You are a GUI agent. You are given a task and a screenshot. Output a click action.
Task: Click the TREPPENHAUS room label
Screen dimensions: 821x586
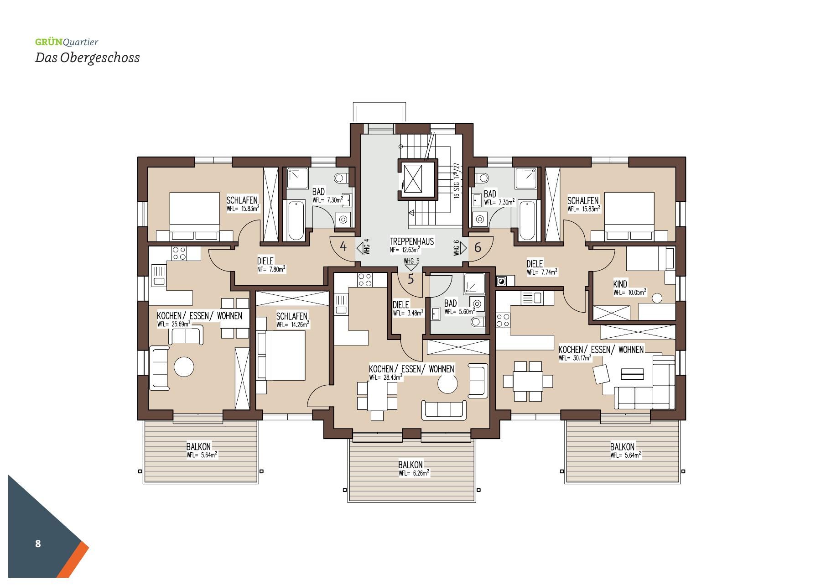[x=412, y=241]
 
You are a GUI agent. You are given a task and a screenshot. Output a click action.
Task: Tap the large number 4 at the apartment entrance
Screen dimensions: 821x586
[x=343, y=247]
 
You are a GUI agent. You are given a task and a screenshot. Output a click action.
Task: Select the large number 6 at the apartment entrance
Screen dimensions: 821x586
[x=478, y=247]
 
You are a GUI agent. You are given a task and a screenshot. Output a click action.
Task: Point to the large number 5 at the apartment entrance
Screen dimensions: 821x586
[x=410, y=279]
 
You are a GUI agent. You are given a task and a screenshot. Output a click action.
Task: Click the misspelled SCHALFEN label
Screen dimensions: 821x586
[x=583, y=201]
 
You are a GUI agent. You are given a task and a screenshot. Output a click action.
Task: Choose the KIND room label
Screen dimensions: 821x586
[x=620, y=284]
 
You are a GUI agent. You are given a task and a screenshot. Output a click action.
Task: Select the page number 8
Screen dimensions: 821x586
[x=38, y=544]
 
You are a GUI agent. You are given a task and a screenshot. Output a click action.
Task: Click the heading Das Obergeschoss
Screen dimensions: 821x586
[x=87, y=58]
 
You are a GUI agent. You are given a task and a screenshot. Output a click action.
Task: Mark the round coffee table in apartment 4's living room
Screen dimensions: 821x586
[x=184, y=366]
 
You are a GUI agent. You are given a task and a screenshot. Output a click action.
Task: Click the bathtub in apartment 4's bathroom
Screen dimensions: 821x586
[x=296, y=220]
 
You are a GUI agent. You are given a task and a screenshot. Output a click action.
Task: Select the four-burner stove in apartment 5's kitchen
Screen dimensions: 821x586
[x=365, y=280]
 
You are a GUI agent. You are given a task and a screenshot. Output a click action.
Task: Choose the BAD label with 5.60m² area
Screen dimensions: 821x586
[x=451, y=303]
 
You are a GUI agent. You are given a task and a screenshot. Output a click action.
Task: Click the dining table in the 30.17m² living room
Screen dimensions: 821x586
[x=528, y=381]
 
